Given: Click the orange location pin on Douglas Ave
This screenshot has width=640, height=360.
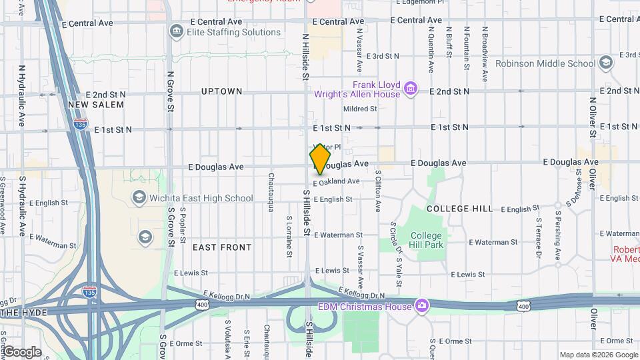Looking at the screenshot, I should [321, 159].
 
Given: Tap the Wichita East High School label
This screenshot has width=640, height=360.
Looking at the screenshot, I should [202, 197].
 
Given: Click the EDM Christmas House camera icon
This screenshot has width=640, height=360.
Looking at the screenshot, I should [421, 306].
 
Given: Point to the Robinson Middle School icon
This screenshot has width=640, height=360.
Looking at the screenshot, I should [605, 63].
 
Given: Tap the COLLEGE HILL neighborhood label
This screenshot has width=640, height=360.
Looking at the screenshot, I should [460, 209].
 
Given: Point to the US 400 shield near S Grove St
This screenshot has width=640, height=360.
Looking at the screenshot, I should [201, 304].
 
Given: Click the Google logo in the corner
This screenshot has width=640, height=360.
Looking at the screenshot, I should [21, 352].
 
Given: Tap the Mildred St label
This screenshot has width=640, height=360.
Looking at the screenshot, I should [361, 109].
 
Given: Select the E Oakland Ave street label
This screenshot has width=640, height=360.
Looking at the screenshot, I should [337, 181].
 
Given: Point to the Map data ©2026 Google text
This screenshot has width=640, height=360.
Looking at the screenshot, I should [598, 355].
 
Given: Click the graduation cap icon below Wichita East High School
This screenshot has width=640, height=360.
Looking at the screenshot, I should [145, 237].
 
